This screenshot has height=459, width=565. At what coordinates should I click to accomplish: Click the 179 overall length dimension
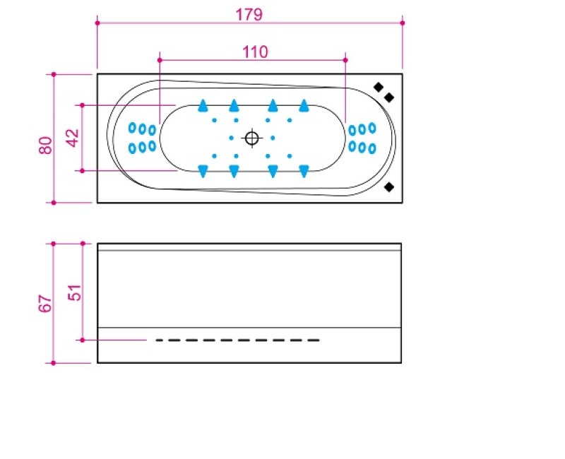pyautogui.click(x=249, y=15)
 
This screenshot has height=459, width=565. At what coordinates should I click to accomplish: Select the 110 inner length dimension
pyautogui.click(x=255, y=52)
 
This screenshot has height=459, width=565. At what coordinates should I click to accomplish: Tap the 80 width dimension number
pyautogui.click(x=46, y=145)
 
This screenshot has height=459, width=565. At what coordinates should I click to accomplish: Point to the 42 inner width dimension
pyautogui.click(x=73, y=138)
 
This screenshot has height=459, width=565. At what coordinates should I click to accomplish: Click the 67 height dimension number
pyautogui.click(x=45, y=304)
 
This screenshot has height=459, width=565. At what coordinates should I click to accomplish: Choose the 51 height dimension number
pyautogui.click(x=75, y=292)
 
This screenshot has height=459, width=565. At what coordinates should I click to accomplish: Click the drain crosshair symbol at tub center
pyautogui.click(x=252, y=138)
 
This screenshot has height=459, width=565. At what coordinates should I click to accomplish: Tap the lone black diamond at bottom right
pyautogui.click(x=389, y=187)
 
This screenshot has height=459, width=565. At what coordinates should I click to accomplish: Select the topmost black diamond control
pyautogui.click(x=379, y=87)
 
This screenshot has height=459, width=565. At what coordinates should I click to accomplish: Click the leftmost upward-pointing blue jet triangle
pyautogui.click(x=203, y=105)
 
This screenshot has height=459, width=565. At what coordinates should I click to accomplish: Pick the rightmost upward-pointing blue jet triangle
pyautogui.click(x=304, y=105)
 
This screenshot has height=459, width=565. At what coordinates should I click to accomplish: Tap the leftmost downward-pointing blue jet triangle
pyautogui.click(x=203, y=171)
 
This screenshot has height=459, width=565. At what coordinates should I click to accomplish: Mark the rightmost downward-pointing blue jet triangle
pyautogui.click(x=304, y=171)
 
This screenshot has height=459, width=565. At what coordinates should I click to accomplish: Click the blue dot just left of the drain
pyautogui.click(x=232, y=138)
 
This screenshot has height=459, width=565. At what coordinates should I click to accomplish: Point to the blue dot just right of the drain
pyautogui.click(x=273, y=138)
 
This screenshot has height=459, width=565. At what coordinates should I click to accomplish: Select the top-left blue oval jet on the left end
pyautogui.click(x=132, y=127)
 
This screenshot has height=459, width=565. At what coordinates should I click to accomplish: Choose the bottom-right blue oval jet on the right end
pyautogui.click(x=372, y=148)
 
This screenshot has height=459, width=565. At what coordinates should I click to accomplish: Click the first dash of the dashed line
pyautogui.click(x=162, y=340)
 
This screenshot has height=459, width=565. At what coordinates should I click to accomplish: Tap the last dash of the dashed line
pyautogui.click(x=313, y=340)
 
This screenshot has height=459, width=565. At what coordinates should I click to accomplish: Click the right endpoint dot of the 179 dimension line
pyautogui.click(x=402, y=23)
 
